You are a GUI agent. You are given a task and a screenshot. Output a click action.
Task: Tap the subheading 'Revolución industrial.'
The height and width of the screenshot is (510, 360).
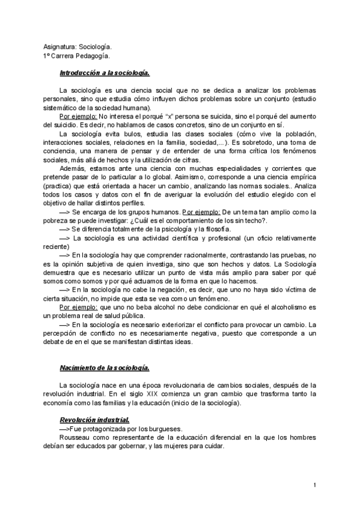tap(94, 419)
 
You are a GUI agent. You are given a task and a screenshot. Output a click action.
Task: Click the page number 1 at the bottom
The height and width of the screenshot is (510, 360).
tap(316, 485)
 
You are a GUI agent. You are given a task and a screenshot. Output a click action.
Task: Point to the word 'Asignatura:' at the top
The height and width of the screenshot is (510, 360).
tap(60, 46)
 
